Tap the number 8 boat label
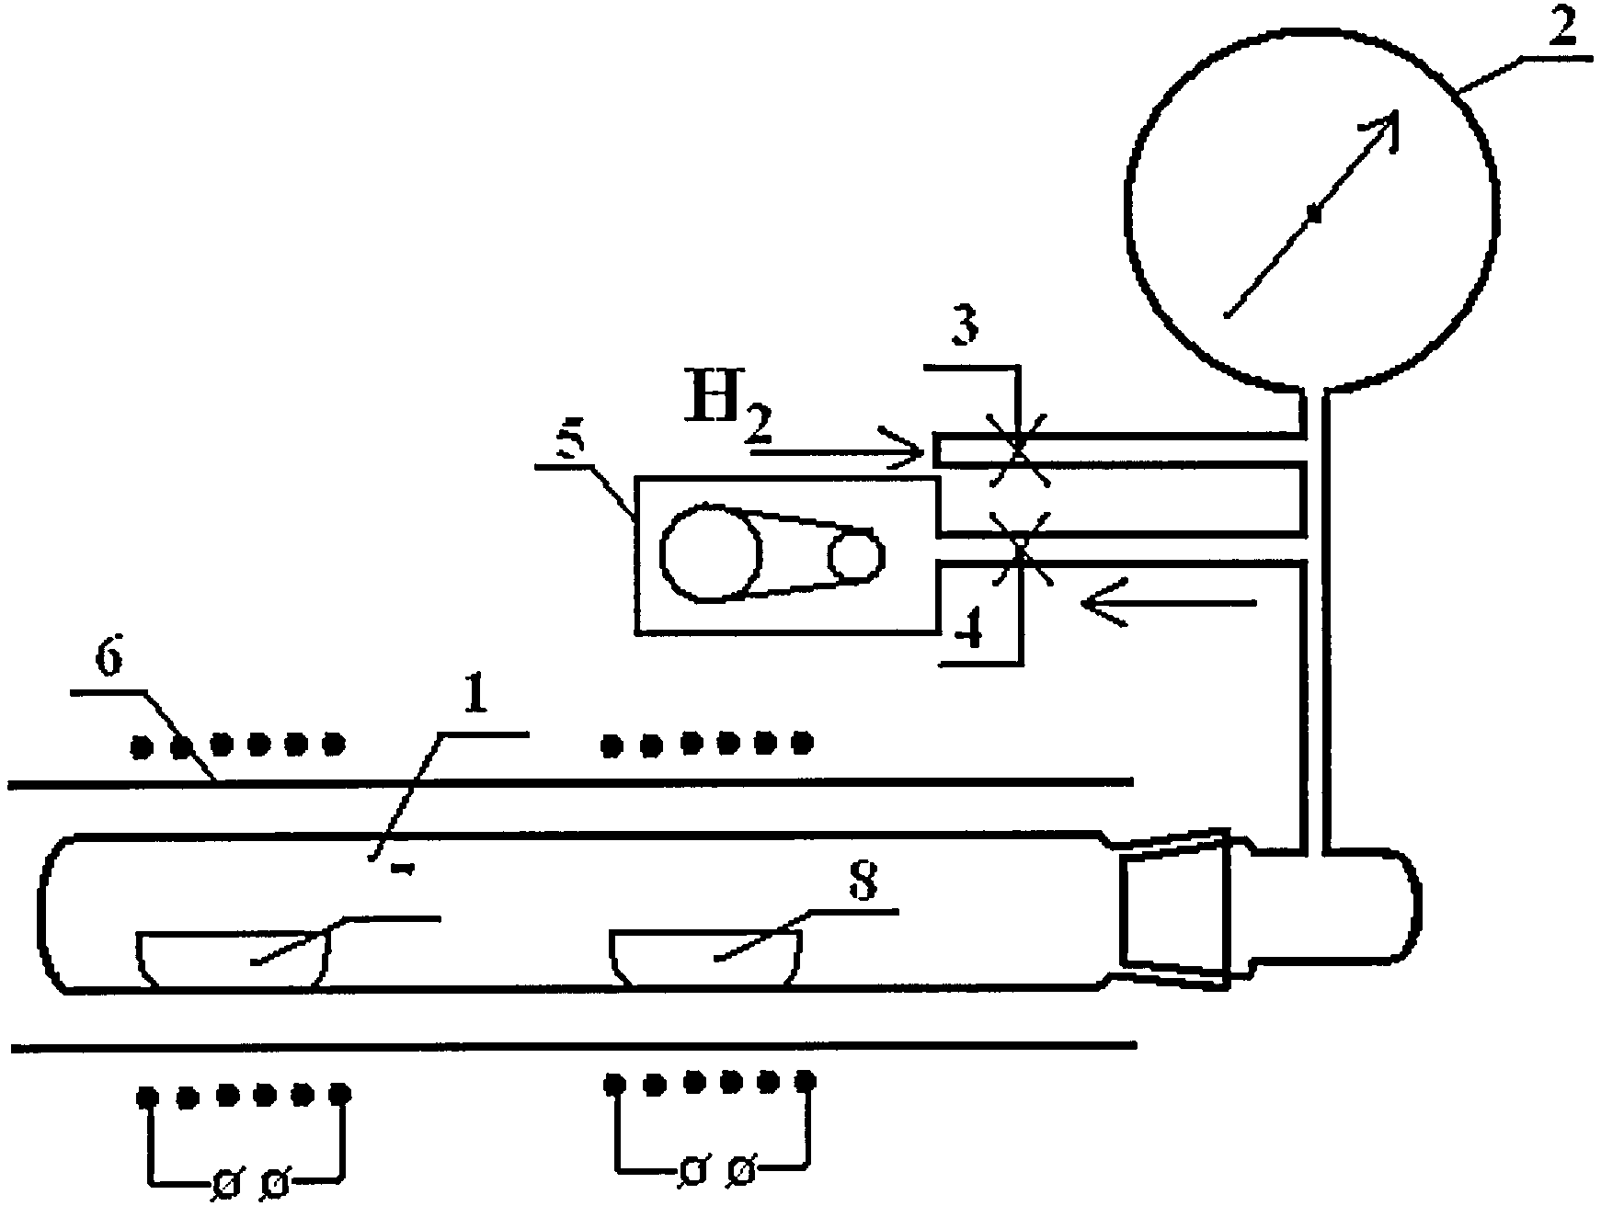click(x=861, y=881)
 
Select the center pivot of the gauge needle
click(x=1315, y=214)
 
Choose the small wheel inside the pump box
click(x=856, y=555)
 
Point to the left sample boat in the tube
click(x=234, y=959)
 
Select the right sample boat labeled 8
click(x=706, y=959)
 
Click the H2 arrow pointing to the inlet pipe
click(x=837, y=450)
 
